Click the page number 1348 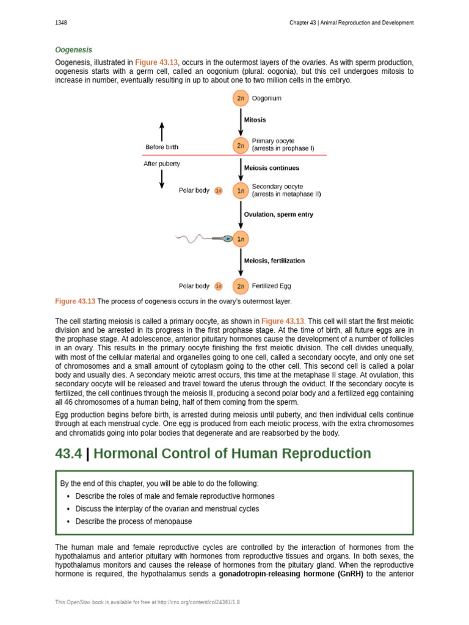click(x=61, y=23)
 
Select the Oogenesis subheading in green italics click(x=73, y=49)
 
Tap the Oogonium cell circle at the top click(x=241, y=98)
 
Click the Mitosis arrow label click(x=255, y=120)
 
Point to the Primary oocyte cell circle click(x=241, y=145)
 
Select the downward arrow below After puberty click(x=162, y=178)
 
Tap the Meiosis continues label click(x=271, y=168)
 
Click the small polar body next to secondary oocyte click(x=219, y=190)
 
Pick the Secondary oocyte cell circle click(x=241, y=190)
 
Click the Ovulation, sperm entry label click(x=278, y=215)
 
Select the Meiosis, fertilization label click(x=274, y=261)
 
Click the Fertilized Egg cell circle click(x=241, y=286)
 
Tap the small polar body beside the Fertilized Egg click(x=219, y=286)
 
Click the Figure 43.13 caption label click(x=75, y=302)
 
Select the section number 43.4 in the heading click(x=68, y=454)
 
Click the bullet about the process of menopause click(x=133, y=521)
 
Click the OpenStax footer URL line click(x=147, y=602)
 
